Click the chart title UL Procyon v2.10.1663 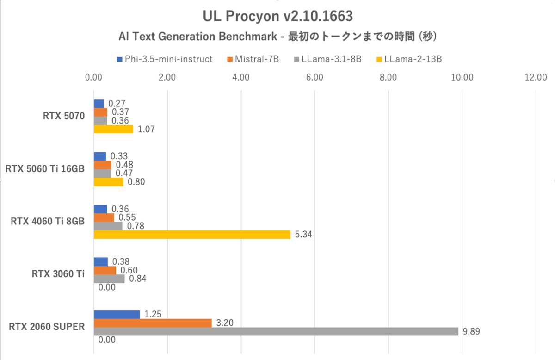click(277, 17)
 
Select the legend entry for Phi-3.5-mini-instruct click(165, 59)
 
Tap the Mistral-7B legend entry click(253, 59)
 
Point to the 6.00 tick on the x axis click(314, 77)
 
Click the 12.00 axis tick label click(536, 77)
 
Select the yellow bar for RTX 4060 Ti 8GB click(192, 235)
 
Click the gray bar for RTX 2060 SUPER click(276, 331)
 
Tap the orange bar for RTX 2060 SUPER click(153, 323)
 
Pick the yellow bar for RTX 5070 click(113, 129)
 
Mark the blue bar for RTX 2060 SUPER click(117, 314)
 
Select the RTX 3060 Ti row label click(58, 274)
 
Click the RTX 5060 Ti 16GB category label click(45, 169)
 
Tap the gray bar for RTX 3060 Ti click(109, 279)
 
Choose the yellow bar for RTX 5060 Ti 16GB click(109, 182)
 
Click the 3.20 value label click(224, 323)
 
